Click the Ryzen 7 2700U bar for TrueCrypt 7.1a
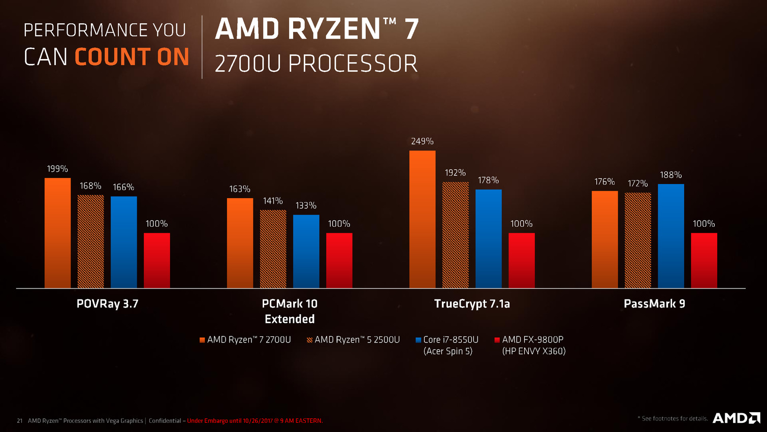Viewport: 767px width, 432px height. [x=422, y=220]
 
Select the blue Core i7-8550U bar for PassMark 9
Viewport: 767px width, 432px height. [x=670, y=236]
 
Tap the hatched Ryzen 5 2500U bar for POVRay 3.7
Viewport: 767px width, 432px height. [x=90, y=242]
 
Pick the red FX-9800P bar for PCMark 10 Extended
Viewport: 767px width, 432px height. [x=339, y=261]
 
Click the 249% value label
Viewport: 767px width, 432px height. [x=422, y=141]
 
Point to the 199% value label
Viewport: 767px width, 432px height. [x=57, y=169]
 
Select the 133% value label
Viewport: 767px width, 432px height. [x=306, y=205]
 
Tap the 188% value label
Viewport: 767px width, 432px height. [x=670, y=175]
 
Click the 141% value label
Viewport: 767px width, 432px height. [x=273, y=201]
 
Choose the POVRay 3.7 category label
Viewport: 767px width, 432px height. [x=107, y=304]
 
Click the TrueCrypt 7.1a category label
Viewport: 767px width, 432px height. [x=472, y=304]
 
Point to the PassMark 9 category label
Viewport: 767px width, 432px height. [x=654, y=304]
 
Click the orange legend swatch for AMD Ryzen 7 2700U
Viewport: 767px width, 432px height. [x=202, y=340]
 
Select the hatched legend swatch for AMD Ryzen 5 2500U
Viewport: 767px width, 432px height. [x=310, y=340]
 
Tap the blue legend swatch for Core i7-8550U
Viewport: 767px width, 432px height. [x=419, y=340]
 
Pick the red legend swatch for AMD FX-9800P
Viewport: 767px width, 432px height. [x=497, y=340]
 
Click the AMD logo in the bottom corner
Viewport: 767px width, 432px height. [x=736, y=418]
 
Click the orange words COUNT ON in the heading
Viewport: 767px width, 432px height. [x=132, y=57]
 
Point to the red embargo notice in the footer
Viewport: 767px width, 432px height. [x=255, y=421]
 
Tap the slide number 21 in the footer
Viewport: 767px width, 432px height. [x=20, y=421]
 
